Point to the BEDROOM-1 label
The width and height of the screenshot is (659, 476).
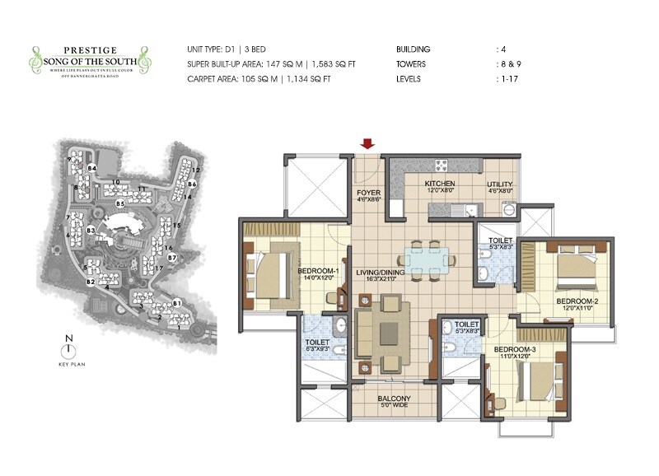click(x=318, y=271)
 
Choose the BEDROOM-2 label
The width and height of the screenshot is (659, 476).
click(x=577, y=301)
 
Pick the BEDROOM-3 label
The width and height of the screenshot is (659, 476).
click(x=515, y=350)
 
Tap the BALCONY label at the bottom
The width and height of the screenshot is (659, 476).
click(x=394, y=399)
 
